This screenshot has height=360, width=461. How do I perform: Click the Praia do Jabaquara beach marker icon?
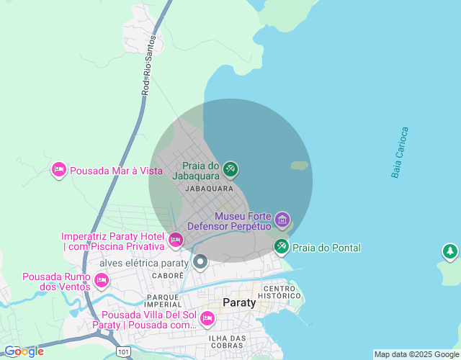(230, 170)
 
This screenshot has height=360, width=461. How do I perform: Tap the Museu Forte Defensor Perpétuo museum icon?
(282, 219)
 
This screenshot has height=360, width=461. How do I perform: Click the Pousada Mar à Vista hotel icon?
(59, 170)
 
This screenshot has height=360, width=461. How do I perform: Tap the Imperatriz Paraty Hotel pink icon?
(175, 239)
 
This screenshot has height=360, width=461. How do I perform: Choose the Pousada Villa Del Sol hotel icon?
(207, 318)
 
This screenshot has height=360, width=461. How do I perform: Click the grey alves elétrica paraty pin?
(201, 262)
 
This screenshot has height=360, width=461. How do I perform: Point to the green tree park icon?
(450, 251)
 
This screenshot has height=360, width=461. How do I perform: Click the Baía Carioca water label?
(400, 153)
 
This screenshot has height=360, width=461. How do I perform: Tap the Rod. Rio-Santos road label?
(147, 67)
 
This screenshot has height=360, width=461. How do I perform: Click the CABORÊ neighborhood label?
(169, 276)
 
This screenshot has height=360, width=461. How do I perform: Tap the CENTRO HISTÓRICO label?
(281, 292)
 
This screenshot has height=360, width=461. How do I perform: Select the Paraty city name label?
(239, 302)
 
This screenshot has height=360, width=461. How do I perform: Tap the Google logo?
(24, 351)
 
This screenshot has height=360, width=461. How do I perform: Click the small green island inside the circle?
(300, 166)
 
